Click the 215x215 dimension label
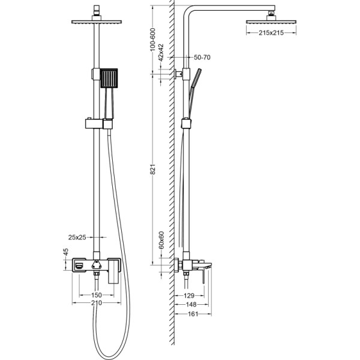click(271, 33)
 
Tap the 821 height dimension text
click(153, 169)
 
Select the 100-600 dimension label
click(152, 40)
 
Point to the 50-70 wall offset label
click(202, 57)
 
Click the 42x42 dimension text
click(161, 52)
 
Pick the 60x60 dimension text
click(161, 240)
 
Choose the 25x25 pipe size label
click(77, 237)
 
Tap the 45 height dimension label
click(66, 252)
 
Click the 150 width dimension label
click(97, 295)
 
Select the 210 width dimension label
click(97, 303)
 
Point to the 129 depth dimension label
click(189, 295)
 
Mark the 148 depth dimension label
click(191, 304)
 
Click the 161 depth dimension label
click(193, 314)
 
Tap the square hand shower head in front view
click(109, 78)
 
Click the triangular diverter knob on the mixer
click(97, 264)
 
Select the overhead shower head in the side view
click(271, 22)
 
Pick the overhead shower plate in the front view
click(97, 22)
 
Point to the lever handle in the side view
click(203, 276)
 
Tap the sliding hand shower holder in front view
click(99, 124)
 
